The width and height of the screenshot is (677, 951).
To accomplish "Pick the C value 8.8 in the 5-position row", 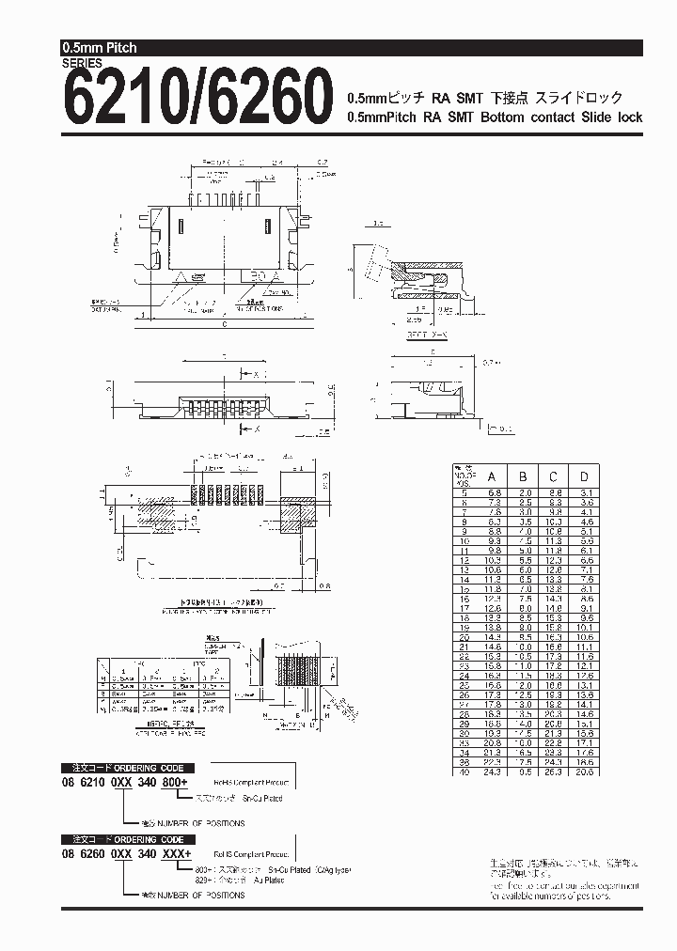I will (554, 492).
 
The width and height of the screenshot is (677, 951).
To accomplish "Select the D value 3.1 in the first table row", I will (585, 492).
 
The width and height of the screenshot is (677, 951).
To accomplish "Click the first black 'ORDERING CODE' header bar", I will (128, 767).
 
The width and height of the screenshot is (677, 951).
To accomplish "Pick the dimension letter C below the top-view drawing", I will (225, 324).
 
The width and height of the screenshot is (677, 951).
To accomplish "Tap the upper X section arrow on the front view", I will (255, 374).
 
